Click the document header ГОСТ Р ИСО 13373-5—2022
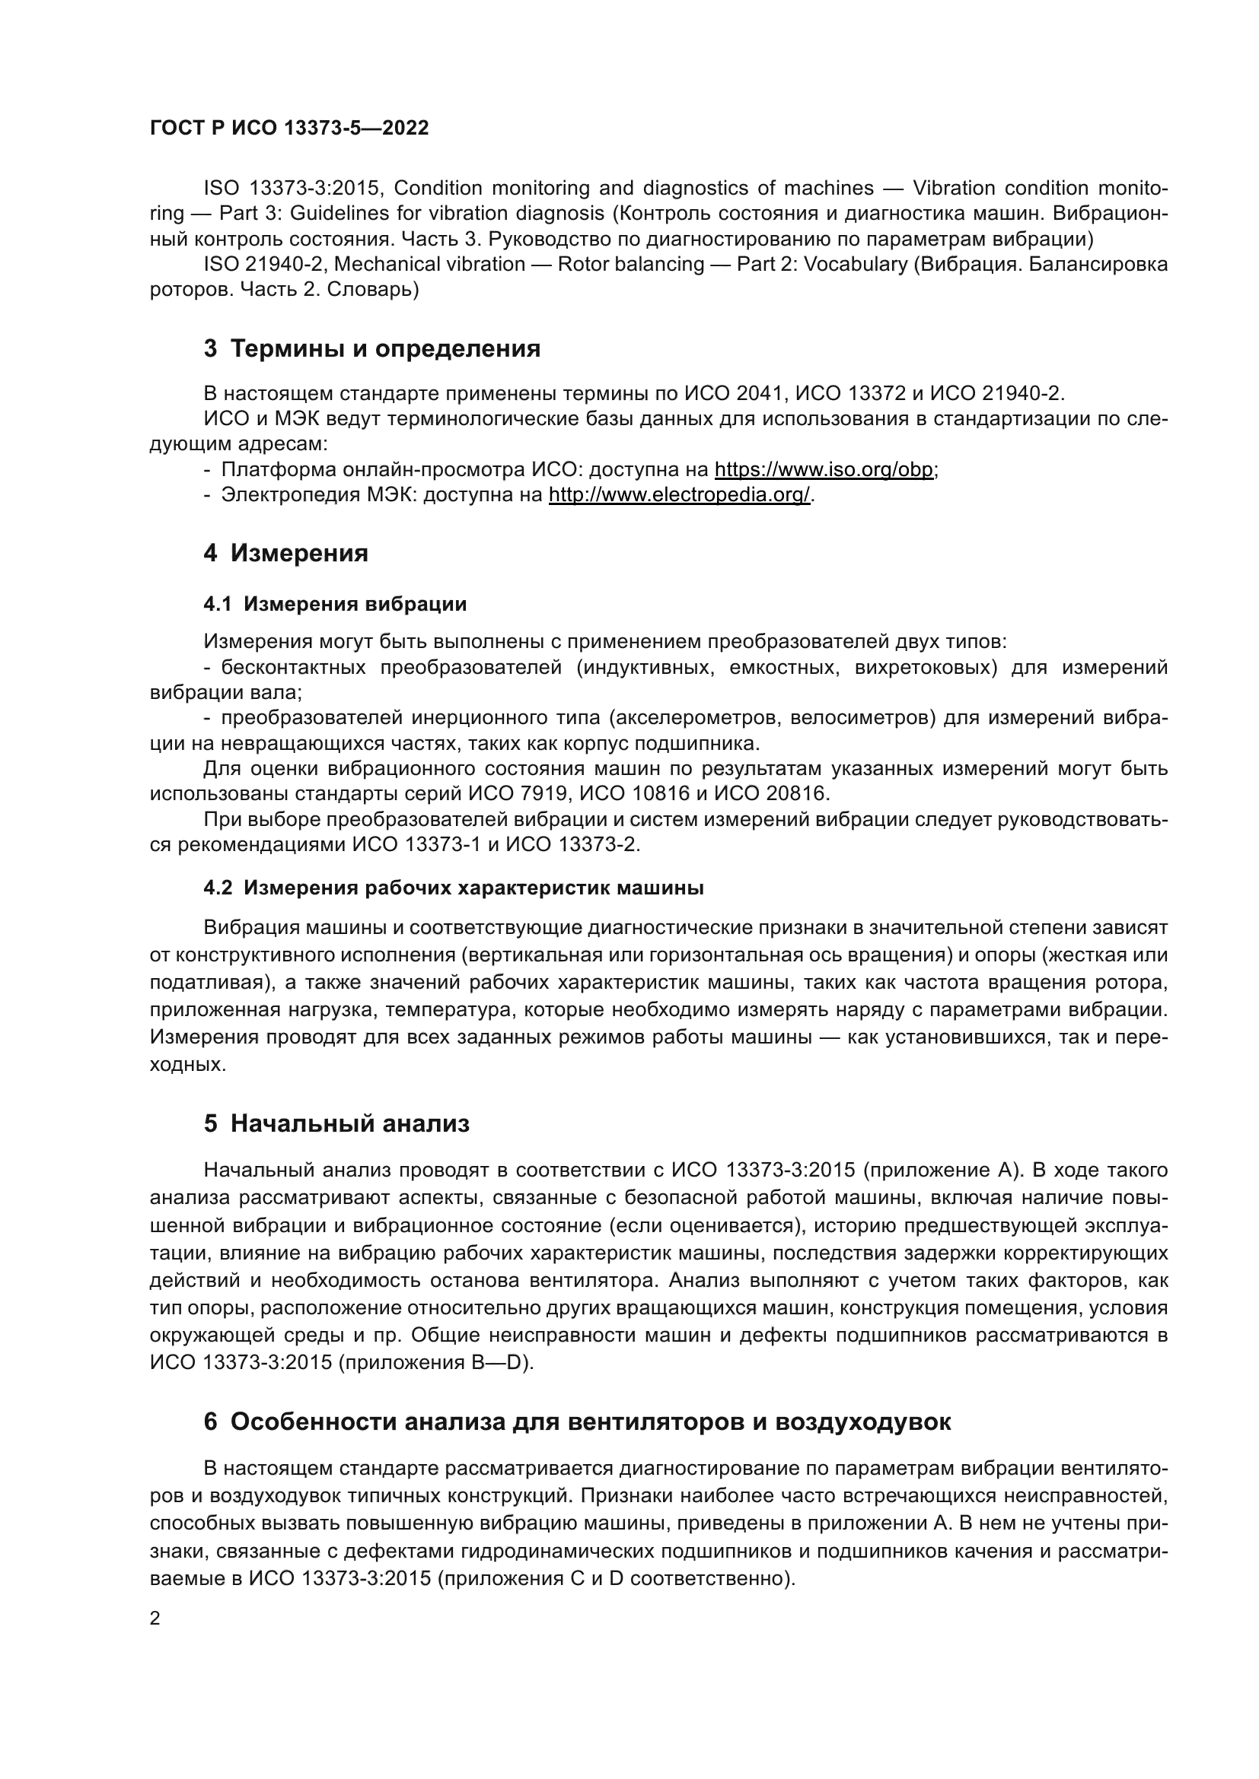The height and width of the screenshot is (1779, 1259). [289, 129]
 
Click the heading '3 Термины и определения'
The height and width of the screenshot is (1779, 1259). [372, 348]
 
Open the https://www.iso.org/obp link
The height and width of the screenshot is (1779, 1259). [824, 469]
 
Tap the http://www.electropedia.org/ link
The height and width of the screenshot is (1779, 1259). [679, 494]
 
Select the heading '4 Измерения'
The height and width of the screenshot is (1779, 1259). [286, 553]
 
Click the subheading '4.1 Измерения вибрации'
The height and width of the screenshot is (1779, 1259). [335, 604]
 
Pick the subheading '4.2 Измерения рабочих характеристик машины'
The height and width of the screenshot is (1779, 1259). [454, 888]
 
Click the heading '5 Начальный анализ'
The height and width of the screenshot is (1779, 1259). [336, 1123]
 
